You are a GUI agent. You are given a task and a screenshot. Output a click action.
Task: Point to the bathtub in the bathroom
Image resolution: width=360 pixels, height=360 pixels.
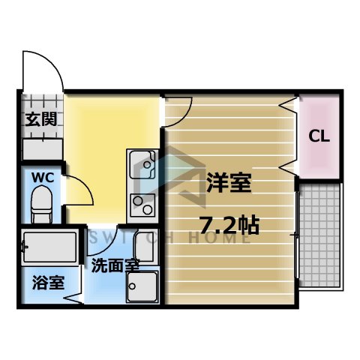49,245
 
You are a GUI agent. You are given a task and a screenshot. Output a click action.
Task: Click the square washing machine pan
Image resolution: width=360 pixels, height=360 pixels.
142,286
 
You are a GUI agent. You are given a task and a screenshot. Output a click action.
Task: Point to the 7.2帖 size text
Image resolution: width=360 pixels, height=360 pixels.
229,224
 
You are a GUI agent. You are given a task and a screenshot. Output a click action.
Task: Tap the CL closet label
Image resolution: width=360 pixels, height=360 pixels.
320,137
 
